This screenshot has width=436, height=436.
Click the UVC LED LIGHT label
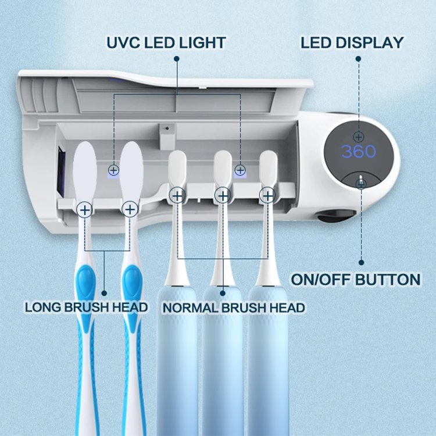point(166,42)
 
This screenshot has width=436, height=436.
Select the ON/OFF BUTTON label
point(356,280)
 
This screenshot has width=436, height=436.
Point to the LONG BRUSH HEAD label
point(87,307)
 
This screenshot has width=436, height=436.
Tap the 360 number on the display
point(359,152)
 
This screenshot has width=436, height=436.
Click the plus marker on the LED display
point(359,137)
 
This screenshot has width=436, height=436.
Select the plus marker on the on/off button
point(361,184)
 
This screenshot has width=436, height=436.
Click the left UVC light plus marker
point(113,170)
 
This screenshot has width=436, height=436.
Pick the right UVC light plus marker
point(240,170)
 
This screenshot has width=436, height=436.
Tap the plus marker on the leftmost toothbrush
point(85,209)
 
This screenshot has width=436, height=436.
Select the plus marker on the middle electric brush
point(222,195)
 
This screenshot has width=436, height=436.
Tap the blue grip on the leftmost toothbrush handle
point(85,291)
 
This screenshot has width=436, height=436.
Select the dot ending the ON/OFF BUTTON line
point(362,262)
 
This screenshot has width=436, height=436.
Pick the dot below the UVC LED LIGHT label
point(176,59)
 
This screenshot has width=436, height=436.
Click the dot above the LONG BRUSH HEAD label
point(104,293)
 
